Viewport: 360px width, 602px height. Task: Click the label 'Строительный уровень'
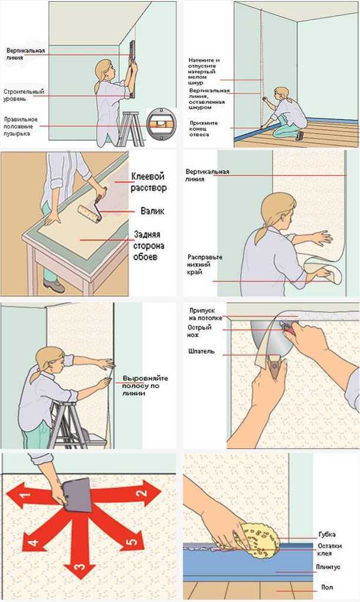(x=24, y=95)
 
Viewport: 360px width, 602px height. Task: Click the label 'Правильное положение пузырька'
(x=21, y=126)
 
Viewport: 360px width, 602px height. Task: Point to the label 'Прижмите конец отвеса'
(x=204, y=129)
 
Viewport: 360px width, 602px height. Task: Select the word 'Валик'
(x=152, y=211)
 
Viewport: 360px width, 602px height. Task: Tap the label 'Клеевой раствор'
(x=149, y=182)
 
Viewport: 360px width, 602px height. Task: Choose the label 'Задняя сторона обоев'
(x=149, y=246)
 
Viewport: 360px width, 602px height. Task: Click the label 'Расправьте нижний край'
(x=205, y=264)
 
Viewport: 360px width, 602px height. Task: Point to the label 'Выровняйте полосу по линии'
(x=145, y=385)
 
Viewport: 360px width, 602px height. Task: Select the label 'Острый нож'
(x=199, y=331)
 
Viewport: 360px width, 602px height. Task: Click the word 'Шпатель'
(x=201, y=351)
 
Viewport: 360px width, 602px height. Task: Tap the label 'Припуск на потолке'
(x=206, y=314)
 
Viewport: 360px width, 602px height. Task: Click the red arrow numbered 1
(x=32, y=495)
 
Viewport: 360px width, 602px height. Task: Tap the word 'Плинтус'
(x=328, y=567)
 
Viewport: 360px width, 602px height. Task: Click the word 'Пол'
(x=327, y=587)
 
